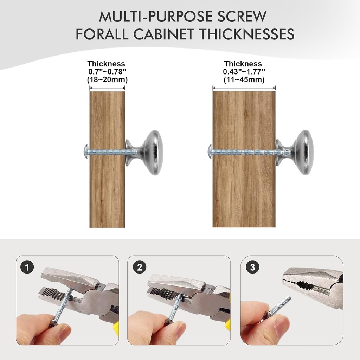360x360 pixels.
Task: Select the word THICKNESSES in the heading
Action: click(x=247, y=34)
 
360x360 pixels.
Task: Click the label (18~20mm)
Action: click(x=107, y=80)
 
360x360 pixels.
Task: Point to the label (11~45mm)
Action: click(x=244, y=80)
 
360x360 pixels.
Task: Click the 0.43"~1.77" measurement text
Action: click(x=244, y=72)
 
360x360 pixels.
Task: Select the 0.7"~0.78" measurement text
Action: click(x=107, y=72)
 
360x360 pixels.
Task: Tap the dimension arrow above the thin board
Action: click(x=107, y=88)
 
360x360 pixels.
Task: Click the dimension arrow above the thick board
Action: click(x=244, y=88)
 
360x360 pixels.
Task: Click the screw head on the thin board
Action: click(x=86, y=152)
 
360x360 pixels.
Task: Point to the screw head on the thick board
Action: click(x=210, y=152)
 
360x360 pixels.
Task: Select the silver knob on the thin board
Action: click(x=144, y=153)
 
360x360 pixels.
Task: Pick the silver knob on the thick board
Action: click(x=295, y=153)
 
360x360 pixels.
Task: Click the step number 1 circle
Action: click(x=27, y=267)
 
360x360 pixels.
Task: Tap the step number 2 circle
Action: click(x=139, y=267)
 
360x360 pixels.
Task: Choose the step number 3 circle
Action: click(x=252, y=267)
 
